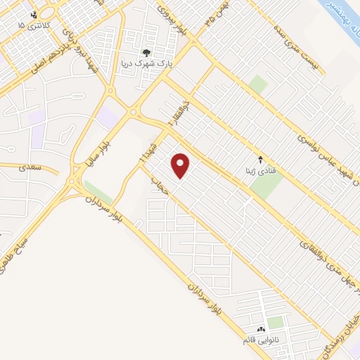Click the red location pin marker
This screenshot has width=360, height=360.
coord(181,166)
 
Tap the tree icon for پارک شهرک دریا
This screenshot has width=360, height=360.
coord(146,53)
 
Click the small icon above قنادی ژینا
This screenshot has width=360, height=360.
coord(261,159)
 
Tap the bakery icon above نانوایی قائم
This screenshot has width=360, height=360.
coord(261,329)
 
